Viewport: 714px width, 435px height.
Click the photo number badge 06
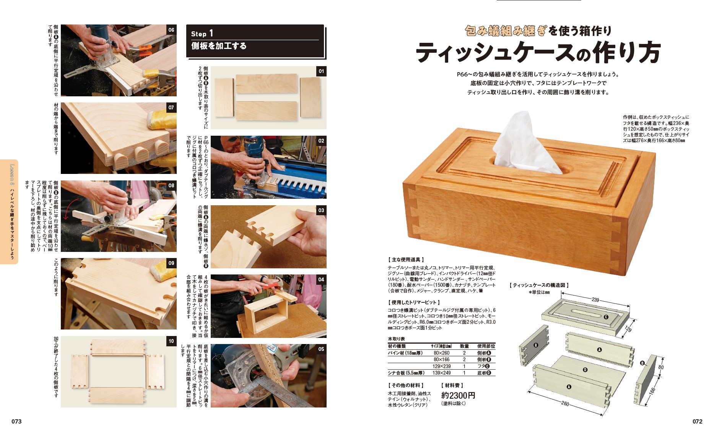click(171, 30)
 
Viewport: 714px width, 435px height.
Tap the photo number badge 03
click(321, 210)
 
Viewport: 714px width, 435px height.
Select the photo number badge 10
click(171, 341)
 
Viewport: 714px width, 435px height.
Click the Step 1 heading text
click(202, 34)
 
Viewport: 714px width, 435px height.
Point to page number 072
click(697, 421)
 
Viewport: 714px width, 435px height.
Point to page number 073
click(16, 421)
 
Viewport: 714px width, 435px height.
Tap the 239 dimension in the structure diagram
click(595, 300)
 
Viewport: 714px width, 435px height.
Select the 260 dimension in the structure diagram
click(565, 404)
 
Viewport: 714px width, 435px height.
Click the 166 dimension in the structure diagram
click(652, 391)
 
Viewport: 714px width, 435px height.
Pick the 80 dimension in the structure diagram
click(661, 367)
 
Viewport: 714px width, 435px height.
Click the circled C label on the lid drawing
click(606, 317)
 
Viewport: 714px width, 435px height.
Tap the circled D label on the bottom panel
click(585, 370)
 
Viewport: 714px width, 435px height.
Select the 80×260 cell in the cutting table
click(441, 353)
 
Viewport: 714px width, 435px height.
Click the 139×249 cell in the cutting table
click(441, 373)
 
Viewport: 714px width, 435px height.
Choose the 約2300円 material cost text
click(458, 395)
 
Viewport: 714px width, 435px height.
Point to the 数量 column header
click(464, 346)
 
